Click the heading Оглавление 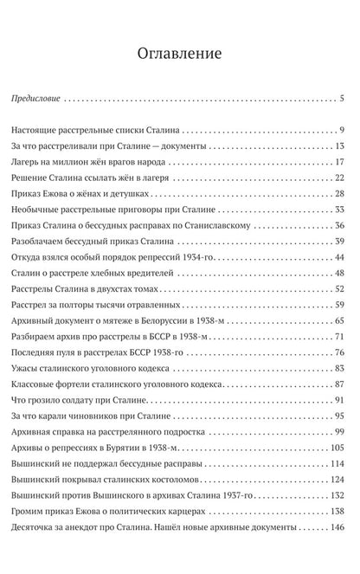point(179,54)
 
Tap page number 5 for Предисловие point(343,98)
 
